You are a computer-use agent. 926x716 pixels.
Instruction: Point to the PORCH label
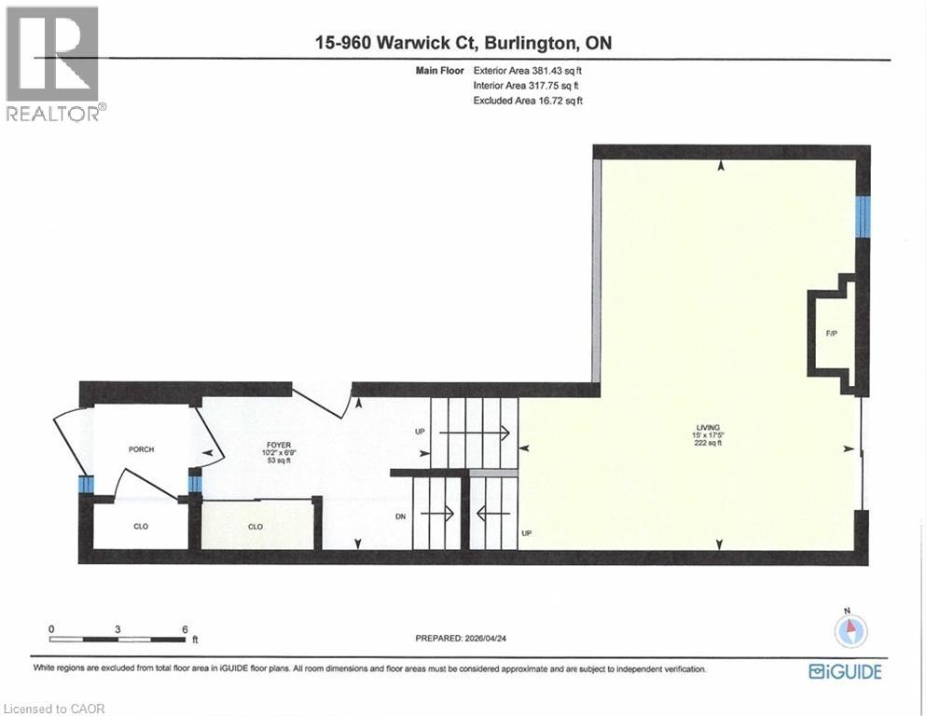pos(141,449)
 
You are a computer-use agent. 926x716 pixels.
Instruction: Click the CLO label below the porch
pos(141,526)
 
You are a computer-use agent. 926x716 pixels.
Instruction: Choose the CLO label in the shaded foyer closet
pos(255,526)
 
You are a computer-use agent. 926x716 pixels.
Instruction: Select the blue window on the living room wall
pos(863,215)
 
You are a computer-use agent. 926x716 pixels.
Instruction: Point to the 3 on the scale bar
pos(117,628)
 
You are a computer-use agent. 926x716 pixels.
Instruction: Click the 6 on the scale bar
pos(185,628)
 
